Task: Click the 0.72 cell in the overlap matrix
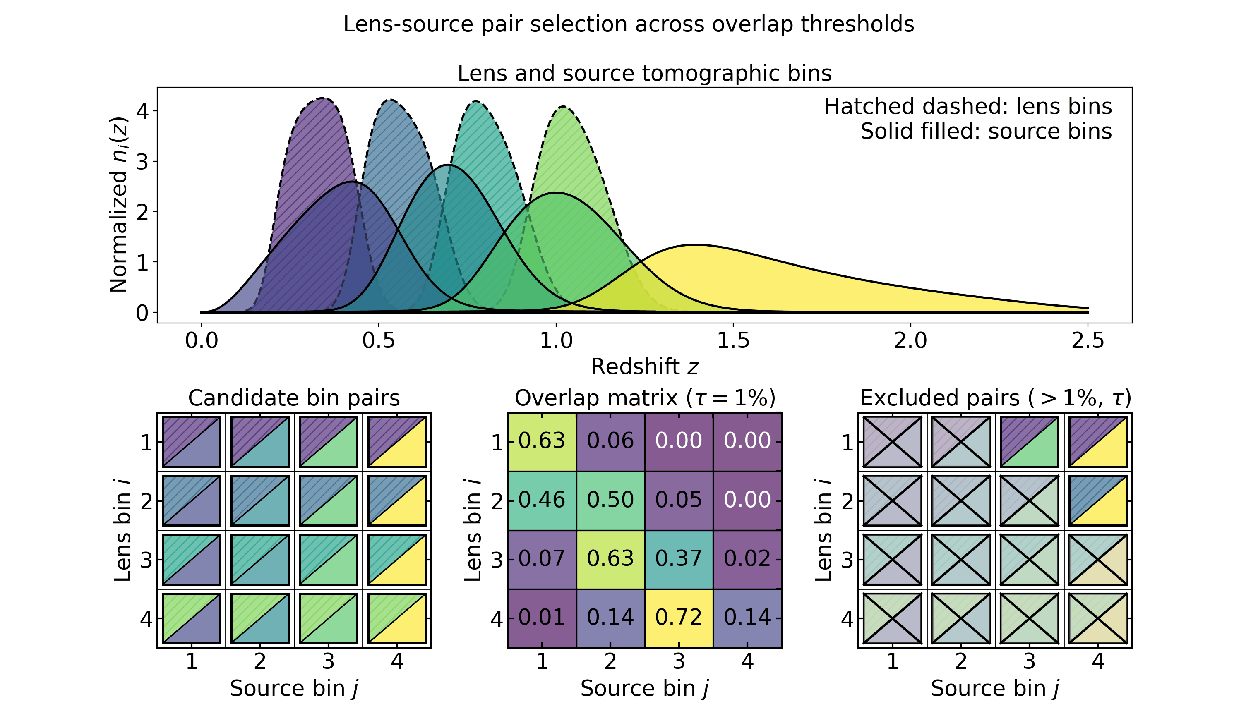point(678,618)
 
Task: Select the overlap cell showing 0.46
point(542,500)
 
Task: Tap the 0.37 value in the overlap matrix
point(678,559)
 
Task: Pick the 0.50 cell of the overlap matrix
point(610,500)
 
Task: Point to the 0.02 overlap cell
point(747,559)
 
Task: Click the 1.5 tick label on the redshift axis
point(733,341)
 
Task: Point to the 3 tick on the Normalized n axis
point(142,162)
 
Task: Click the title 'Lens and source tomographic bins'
point(644,73)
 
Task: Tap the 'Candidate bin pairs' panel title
point(294,398)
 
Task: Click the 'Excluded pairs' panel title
point(995,398)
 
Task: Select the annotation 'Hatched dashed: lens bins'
point(968,107)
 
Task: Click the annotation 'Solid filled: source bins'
point(986,131)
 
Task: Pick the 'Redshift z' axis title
point(644,367)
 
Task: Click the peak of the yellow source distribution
point(696,245)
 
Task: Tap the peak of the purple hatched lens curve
point(323,98)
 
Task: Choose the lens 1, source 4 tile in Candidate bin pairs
point(397,442)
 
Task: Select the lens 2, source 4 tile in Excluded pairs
point(1098,500)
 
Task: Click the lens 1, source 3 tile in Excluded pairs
point(1029,442)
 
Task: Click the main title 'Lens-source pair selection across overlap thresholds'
point(629,24)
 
